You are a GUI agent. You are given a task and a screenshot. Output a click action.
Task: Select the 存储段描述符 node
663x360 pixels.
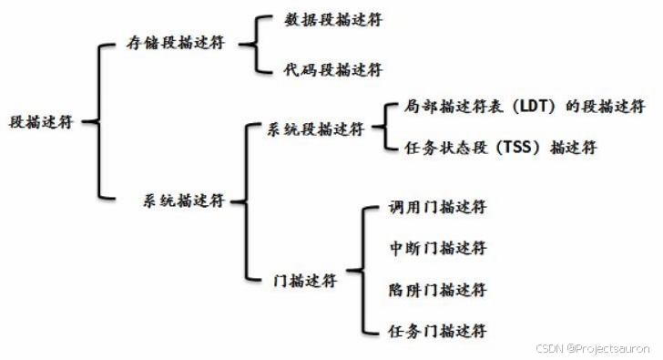174,43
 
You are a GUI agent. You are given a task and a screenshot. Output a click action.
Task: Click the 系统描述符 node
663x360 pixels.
182,200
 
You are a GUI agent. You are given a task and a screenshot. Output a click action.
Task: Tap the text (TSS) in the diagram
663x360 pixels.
518,148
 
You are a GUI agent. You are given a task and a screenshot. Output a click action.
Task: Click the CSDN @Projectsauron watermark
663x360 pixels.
593,348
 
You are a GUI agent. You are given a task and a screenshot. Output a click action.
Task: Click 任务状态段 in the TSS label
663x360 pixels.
436,148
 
